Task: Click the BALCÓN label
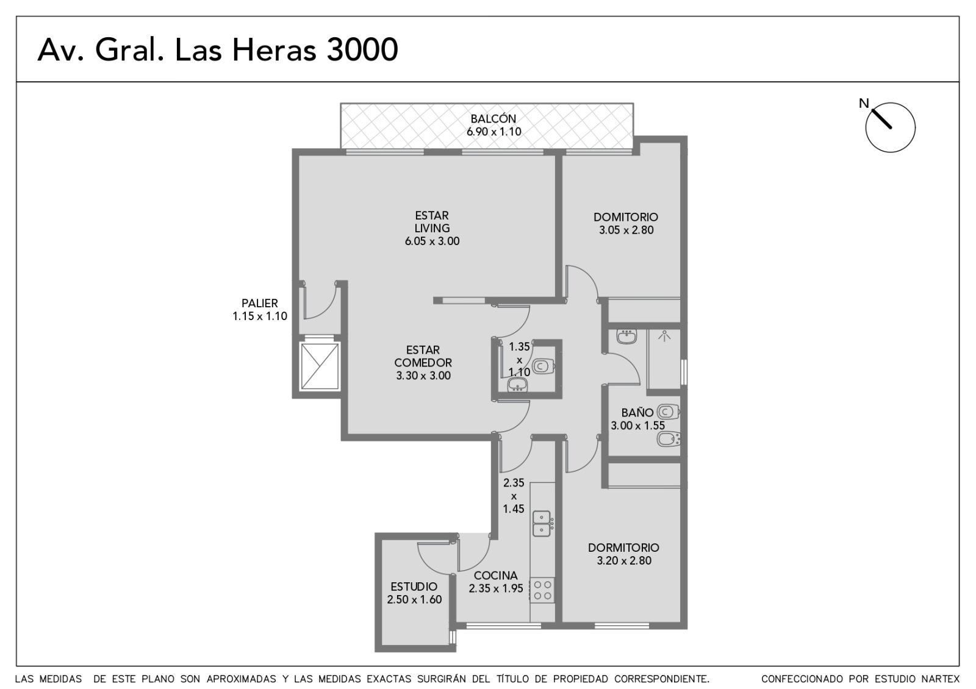coord(493,118)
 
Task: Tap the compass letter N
coord(864,103)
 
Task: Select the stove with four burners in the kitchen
coord(542,591)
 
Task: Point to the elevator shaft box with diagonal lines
coord(320,366)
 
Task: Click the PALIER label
coord(260,303)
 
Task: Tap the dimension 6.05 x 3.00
coord(432,241)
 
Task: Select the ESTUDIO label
coord(414,587)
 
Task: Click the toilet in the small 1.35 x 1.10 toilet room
coord(543,366)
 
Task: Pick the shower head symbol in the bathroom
coord(664,336)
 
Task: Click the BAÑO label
coord(637,412)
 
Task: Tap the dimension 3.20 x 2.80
coord(624,560)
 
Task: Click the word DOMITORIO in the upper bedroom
coord(626,217)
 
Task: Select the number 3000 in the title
coord(362,49)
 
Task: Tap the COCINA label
coord(496,576)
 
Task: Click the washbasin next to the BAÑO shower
coord(627,336)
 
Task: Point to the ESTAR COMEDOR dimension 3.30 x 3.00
coord(423,376)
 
